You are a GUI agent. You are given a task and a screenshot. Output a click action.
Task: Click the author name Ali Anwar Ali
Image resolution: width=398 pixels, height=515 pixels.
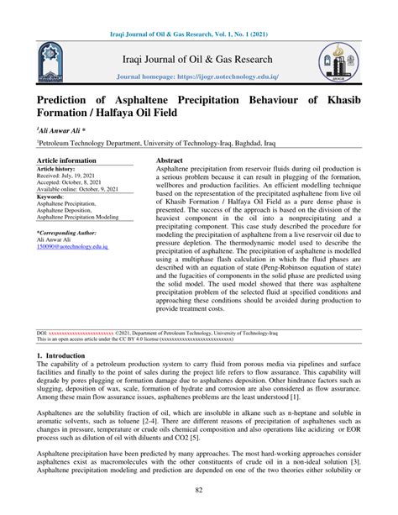[64, 132]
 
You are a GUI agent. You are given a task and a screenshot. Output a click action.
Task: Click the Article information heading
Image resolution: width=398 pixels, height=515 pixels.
[65, 160]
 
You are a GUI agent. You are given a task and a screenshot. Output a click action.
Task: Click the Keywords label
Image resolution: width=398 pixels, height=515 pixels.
[52, 197]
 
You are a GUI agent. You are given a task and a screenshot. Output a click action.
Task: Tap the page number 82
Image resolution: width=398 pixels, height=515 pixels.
[199, 490]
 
